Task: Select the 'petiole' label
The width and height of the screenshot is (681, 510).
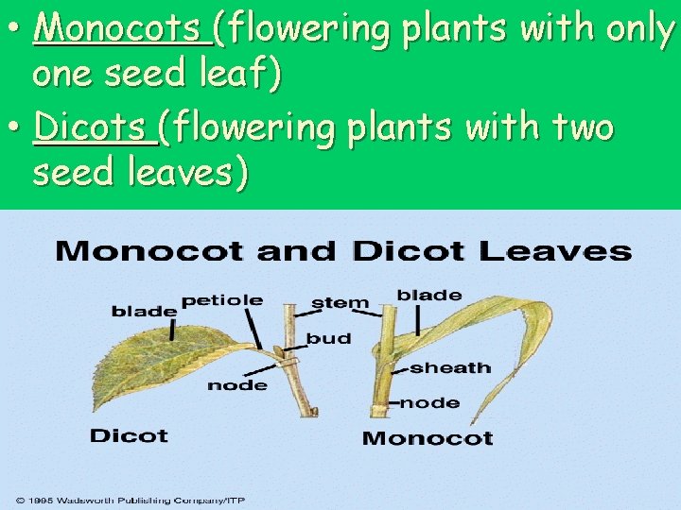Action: point(222,300)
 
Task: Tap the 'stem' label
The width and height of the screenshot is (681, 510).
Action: point(340,303)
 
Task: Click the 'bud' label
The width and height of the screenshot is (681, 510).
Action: point(328,338)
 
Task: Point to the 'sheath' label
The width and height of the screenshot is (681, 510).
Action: point(450,367)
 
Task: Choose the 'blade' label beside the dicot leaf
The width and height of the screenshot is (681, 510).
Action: point(144,311)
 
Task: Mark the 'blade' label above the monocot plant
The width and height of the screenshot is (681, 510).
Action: point(429,295)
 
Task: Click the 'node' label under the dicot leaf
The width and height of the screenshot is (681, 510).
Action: point(236,384)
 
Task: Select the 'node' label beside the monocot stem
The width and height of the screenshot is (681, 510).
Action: point(430,402)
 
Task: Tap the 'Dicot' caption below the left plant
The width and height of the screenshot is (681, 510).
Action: point(129,436)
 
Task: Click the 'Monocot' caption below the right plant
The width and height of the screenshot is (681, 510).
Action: point(428,438)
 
